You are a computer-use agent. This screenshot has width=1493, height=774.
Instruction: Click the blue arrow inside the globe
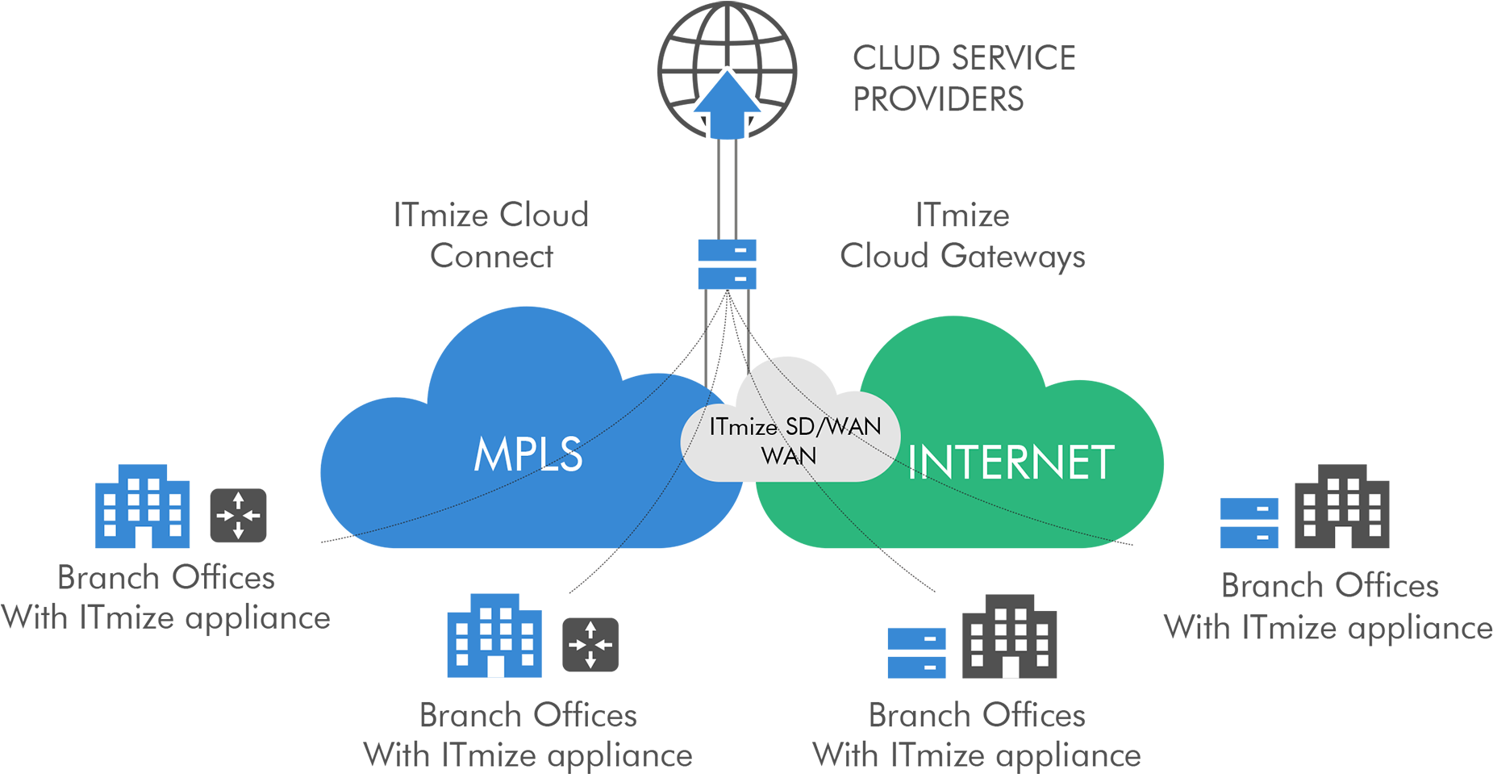pos(727,105)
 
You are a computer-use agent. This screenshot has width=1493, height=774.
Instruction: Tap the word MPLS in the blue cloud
pos(528,454)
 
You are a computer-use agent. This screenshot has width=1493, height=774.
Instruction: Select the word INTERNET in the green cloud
pos(1011,462)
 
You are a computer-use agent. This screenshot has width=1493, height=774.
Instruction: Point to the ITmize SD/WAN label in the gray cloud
pos(794,427)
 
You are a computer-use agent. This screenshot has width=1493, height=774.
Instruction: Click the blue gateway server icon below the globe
pos(727,264)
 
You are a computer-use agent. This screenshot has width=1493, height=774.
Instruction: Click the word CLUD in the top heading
pos(896,58)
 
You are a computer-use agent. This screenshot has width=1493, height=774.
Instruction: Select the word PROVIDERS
pos(938,99)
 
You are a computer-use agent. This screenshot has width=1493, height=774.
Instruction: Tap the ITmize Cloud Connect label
pos(491,235)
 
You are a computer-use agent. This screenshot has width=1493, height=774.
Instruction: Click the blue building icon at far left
pos(142,506)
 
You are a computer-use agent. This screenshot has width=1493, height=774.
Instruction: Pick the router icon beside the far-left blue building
pos(238,515)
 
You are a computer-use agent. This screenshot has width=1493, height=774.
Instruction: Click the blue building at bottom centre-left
pos(494,636)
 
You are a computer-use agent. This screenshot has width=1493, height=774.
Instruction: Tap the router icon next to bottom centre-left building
pos(590,644)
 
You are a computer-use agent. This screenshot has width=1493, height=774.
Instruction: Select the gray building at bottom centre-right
pos(1009,637)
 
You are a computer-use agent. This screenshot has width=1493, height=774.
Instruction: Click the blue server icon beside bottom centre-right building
pos(916,652)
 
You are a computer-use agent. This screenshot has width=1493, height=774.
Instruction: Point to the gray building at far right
pos(1341,507)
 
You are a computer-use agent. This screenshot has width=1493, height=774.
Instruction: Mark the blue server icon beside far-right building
pos(1249,522)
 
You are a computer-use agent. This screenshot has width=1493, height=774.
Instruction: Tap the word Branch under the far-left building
pos(108,578)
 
